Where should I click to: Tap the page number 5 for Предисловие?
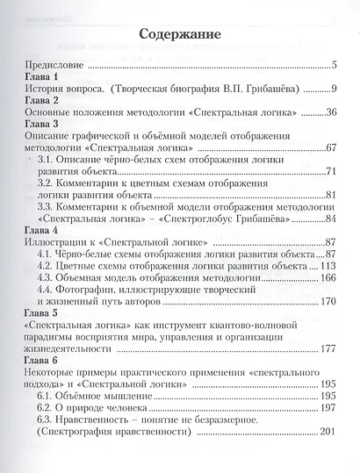pos(335,65)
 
